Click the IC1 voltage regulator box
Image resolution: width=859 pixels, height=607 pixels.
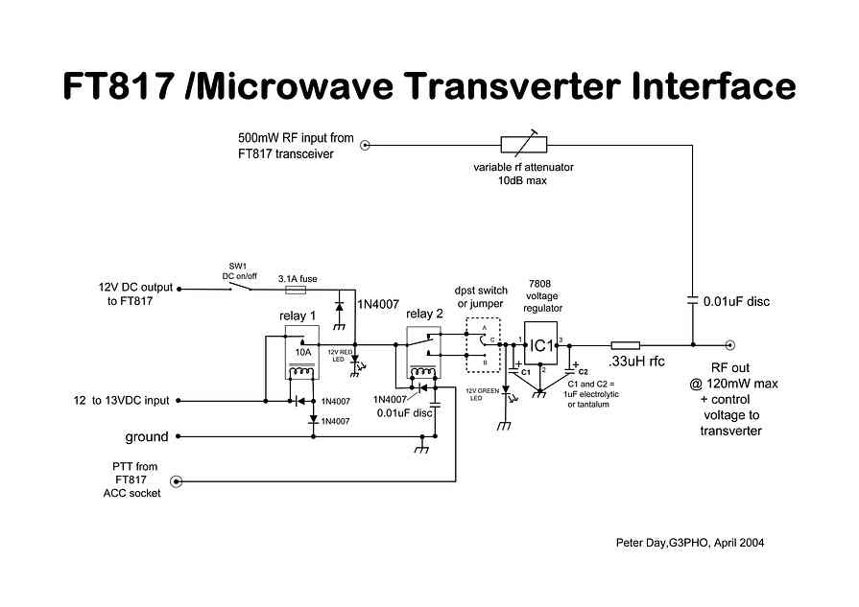(540, 344)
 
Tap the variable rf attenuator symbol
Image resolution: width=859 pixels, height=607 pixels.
(524, 145)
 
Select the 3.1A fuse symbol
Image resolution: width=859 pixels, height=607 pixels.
(297, 289)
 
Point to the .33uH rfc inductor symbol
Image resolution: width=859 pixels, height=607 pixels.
(625, 344)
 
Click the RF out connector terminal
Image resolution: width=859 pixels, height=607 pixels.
(730, 344)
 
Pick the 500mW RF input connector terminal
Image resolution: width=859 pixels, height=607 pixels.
(366, 145)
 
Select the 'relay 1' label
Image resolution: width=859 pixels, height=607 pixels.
(298, 315)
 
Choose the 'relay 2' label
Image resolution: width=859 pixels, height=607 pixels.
(425, 314)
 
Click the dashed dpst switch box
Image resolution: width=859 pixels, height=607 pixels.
(484, 344)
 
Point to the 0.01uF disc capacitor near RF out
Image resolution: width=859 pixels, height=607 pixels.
(692, 301)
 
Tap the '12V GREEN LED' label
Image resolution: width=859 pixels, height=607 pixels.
(482, 393)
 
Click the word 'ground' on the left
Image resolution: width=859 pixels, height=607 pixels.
(147, 437)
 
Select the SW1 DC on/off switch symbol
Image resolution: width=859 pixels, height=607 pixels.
(241, 286)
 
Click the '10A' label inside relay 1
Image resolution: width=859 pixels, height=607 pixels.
(302, 352)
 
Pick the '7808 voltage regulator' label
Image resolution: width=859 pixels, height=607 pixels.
(544, 296)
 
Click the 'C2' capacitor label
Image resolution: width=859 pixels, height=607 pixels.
(583, 370)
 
